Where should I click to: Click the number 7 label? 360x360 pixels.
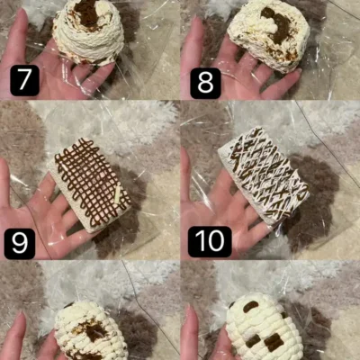24,80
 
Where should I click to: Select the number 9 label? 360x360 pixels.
20,244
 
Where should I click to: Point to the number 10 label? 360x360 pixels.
210,242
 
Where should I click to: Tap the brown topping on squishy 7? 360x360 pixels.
87,13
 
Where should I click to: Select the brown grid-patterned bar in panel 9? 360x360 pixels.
91,185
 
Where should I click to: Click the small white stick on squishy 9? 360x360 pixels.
118,193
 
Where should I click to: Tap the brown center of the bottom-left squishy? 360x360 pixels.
93,329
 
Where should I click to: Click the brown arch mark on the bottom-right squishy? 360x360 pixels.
251,306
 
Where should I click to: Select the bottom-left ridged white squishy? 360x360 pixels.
90,331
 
